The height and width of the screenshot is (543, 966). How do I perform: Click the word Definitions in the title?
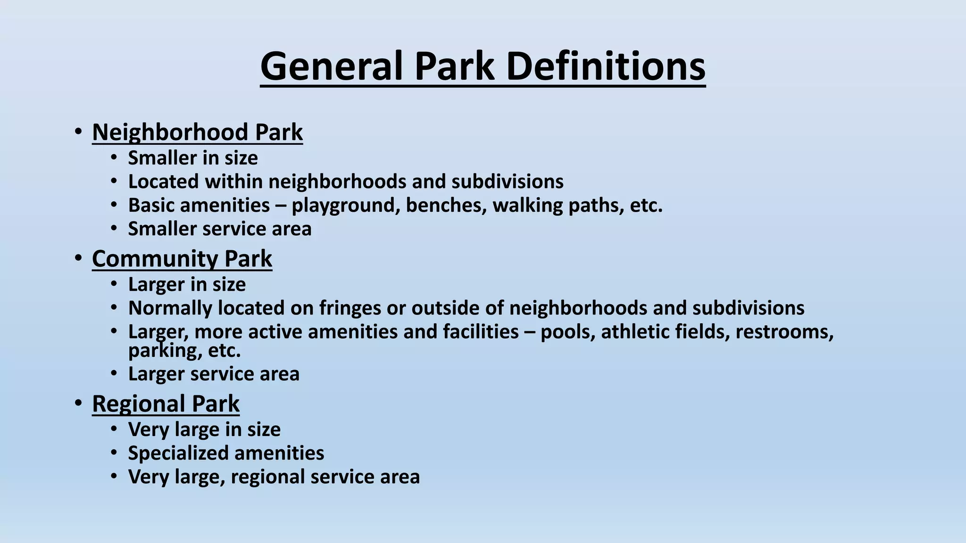click(x=606, y=66)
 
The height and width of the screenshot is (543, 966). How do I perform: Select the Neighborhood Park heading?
click(x=197, y=132)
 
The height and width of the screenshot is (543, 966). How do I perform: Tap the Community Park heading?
click(x=182, y=259)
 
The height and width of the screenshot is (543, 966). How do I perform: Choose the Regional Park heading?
click(x=166, y=404)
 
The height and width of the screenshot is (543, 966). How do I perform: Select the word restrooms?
click(x=784, y=332)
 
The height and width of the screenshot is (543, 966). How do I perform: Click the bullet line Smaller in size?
click(x=193, y=158)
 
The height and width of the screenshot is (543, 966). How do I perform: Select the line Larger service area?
click(x=214, y=374)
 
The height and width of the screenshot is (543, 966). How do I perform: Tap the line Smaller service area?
click(x=220, y=229)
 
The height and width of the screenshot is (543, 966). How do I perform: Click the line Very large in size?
click(x=204, y=430)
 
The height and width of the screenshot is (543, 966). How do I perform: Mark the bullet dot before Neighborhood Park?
click(x=78, y=132)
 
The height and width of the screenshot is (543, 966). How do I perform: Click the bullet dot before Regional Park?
click(x=78, y=404)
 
